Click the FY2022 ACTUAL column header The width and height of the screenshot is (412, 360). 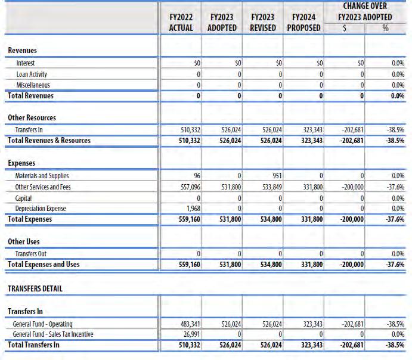click(181, 23)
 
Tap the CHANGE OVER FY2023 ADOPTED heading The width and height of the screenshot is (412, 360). click(364, 12)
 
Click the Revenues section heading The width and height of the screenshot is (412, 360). click(22, 51)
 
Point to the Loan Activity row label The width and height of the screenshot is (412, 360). click(32, 74)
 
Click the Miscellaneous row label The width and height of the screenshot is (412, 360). click(33, 85)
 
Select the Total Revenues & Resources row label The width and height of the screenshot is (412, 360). click(49, 141)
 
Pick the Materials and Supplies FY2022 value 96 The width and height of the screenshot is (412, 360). click(193, 176)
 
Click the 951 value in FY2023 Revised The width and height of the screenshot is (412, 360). click(276, 176)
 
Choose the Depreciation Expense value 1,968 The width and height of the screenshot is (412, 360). click(190, 209)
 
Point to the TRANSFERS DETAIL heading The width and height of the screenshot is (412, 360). click(35, 288)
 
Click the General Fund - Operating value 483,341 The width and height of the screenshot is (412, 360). click(186, 324)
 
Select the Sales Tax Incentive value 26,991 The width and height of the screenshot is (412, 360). click(188, 334)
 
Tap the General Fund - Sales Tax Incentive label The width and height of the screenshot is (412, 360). click(53, 334)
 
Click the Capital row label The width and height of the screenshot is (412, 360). click(24, 198)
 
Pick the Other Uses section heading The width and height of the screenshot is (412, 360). click(24, 241)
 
